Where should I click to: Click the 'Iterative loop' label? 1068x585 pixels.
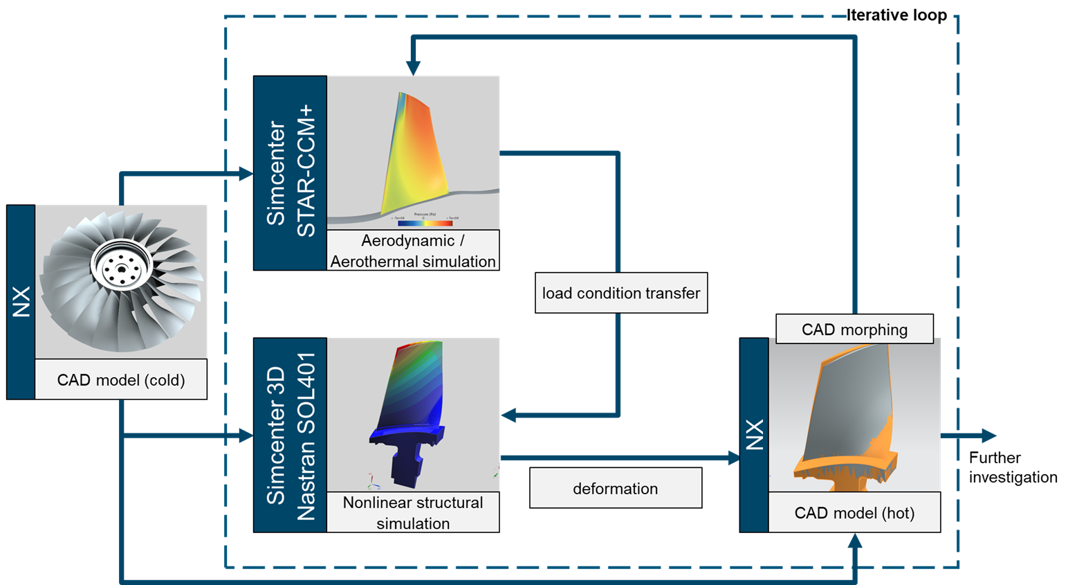click(896, 15)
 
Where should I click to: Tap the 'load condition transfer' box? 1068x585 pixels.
click(620, 293)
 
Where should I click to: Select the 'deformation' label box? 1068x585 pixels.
click(615, 488)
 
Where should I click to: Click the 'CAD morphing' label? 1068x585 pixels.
click(854, 330)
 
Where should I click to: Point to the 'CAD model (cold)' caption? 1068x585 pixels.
click(121, 379)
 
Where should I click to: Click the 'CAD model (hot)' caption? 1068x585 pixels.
click(854, 513)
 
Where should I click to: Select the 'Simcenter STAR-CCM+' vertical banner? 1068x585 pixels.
click(290, 172)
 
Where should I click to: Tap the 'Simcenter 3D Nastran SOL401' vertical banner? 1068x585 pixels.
click(290, 435)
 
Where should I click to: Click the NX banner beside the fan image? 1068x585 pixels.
click(21, 302)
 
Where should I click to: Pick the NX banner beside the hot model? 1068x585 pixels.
click(754, 435)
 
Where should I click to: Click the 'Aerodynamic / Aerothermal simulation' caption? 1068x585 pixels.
click(413, 251)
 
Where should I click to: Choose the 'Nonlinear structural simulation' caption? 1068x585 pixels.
click(413, 512)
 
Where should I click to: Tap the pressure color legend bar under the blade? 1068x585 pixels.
click(425, 223)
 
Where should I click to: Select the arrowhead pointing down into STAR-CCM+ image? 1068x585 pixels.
click(413, 68)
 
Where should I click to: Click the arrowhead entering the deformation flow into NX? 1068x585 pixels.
click(733, 457)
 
